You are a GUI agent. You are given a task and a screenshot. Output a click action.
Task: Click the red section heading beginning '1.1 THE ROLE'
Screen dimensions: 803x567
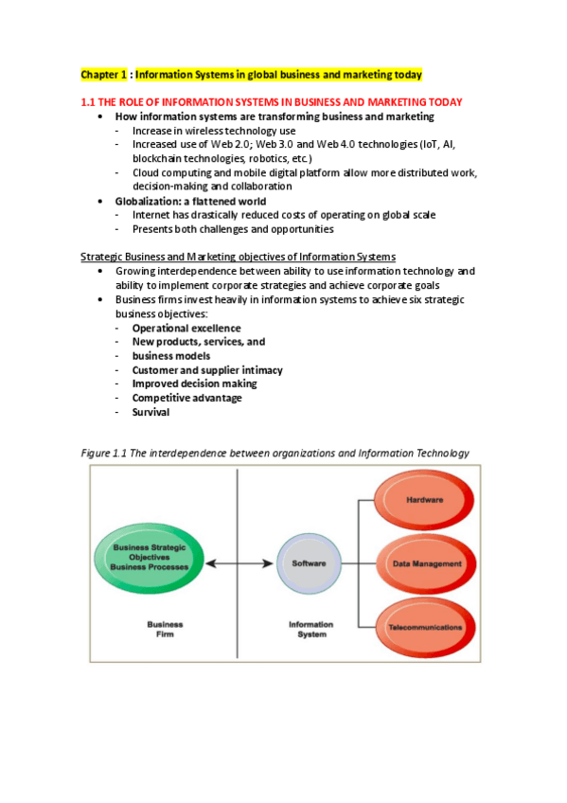click(x=271, y=102)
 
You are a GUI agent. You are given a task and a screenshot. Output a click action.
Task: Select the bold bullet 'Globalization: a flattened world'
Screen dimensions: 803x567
click(x=190, y=201)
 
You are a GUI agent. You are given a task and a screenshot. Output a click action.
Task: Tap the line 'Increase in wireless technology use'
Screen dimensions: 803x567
click(x=214, y=131)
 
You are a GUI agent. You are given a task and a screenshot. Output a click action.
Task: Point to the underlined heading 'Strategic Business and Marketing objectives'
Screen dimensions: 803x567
click(x=238, y=257)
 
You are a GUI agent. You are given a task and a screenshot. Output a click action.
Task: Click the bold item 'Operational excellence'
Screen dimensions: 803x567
click(x=186, y=329)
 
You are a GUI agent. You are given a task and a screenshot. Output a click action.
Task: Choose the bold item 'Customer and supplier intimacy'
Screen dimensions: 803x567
click(x=207, y=370)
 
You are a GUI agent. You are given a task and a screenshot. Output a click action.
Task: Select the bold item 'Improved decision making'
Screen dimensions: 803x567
click(x=194, y=384)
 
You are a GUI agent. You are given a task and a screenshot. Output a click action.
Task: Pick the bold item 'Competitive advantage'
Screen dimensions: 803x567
click(x=186, y=398)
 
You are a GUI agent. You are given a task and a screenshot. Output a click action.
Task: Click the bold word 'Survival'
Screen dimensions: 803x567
click(x=151, y=412)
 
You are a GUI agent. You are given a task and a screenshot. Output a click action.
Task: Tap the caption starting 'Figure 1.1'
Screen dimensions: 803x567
click(x=275, y=454)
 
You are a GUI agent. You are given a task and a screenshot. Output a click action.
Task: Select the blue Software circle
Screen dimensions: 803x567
click(x=309, y=563)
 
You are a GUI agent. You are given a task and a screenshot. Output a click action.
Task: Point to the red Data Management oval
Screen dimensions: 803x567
click(x=427, y=563)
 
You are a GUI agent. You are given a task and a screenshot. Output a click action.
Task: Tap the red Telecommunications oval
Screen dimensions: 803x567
click(x=425, y=627)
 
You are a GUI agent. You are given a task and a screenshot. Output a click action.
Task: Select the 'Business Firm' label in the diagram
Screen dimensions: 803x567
click(x=165, y=629)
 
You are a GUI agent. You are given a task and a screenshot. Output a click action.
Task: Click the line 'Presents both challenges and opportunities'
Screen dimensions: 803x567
click(x=233, y=229)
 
